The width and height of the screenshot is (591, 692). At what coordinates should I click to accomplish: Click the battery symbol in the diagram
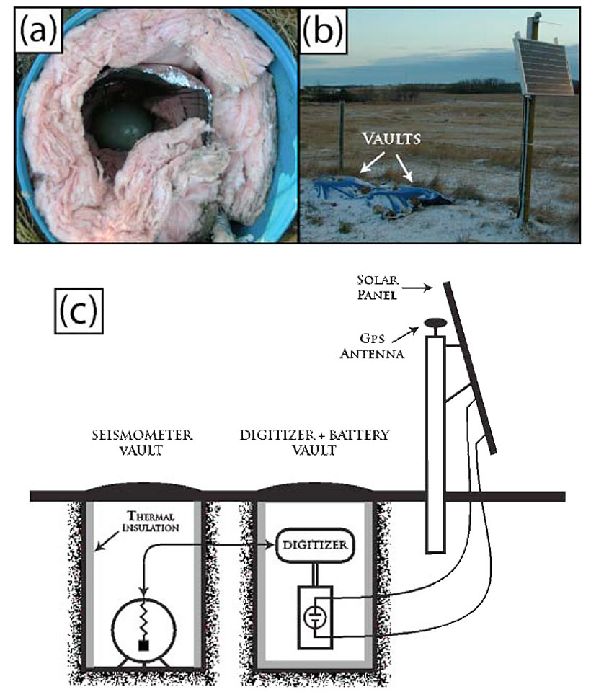315,616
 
